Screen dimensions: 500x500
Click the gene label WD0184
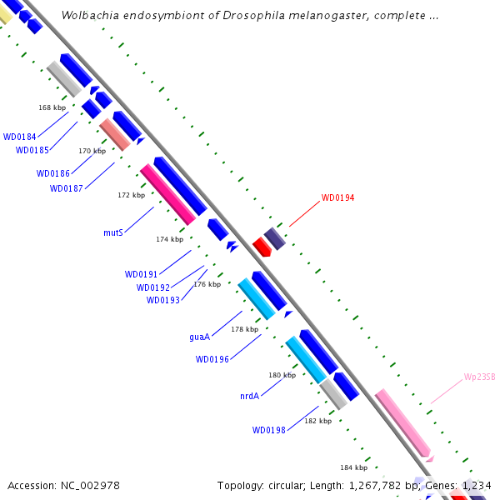(x=18, y=137)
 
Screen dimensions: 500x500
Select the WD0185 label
(x=32, y=150)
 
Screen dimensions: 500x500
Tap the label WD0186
(x=52, y=173)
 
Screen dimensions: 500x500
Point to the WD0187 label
(x=66, y=188)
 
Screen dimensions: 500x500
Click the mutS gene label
(x=113, y=232)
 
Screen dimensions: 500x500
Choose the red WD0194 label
(x=337, y=198)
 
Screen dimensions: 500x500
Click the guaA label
(x=199, y=337)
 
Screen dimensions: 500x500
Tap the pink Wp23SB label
(x=479, y=377)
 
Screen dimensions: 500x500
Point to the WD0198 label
(x=269, y=430)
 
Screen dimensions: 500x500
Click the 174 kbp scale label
(x=169, y=239)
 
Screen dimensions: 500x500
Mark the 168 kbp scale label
(x=52, y=107)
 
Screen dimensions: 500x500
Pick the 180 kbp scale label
(x=282, y=375)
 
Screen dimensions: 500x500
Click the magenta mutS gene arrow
(x=167, y=194)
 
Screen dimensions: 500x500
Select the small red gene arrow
(x=262, y=247)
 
